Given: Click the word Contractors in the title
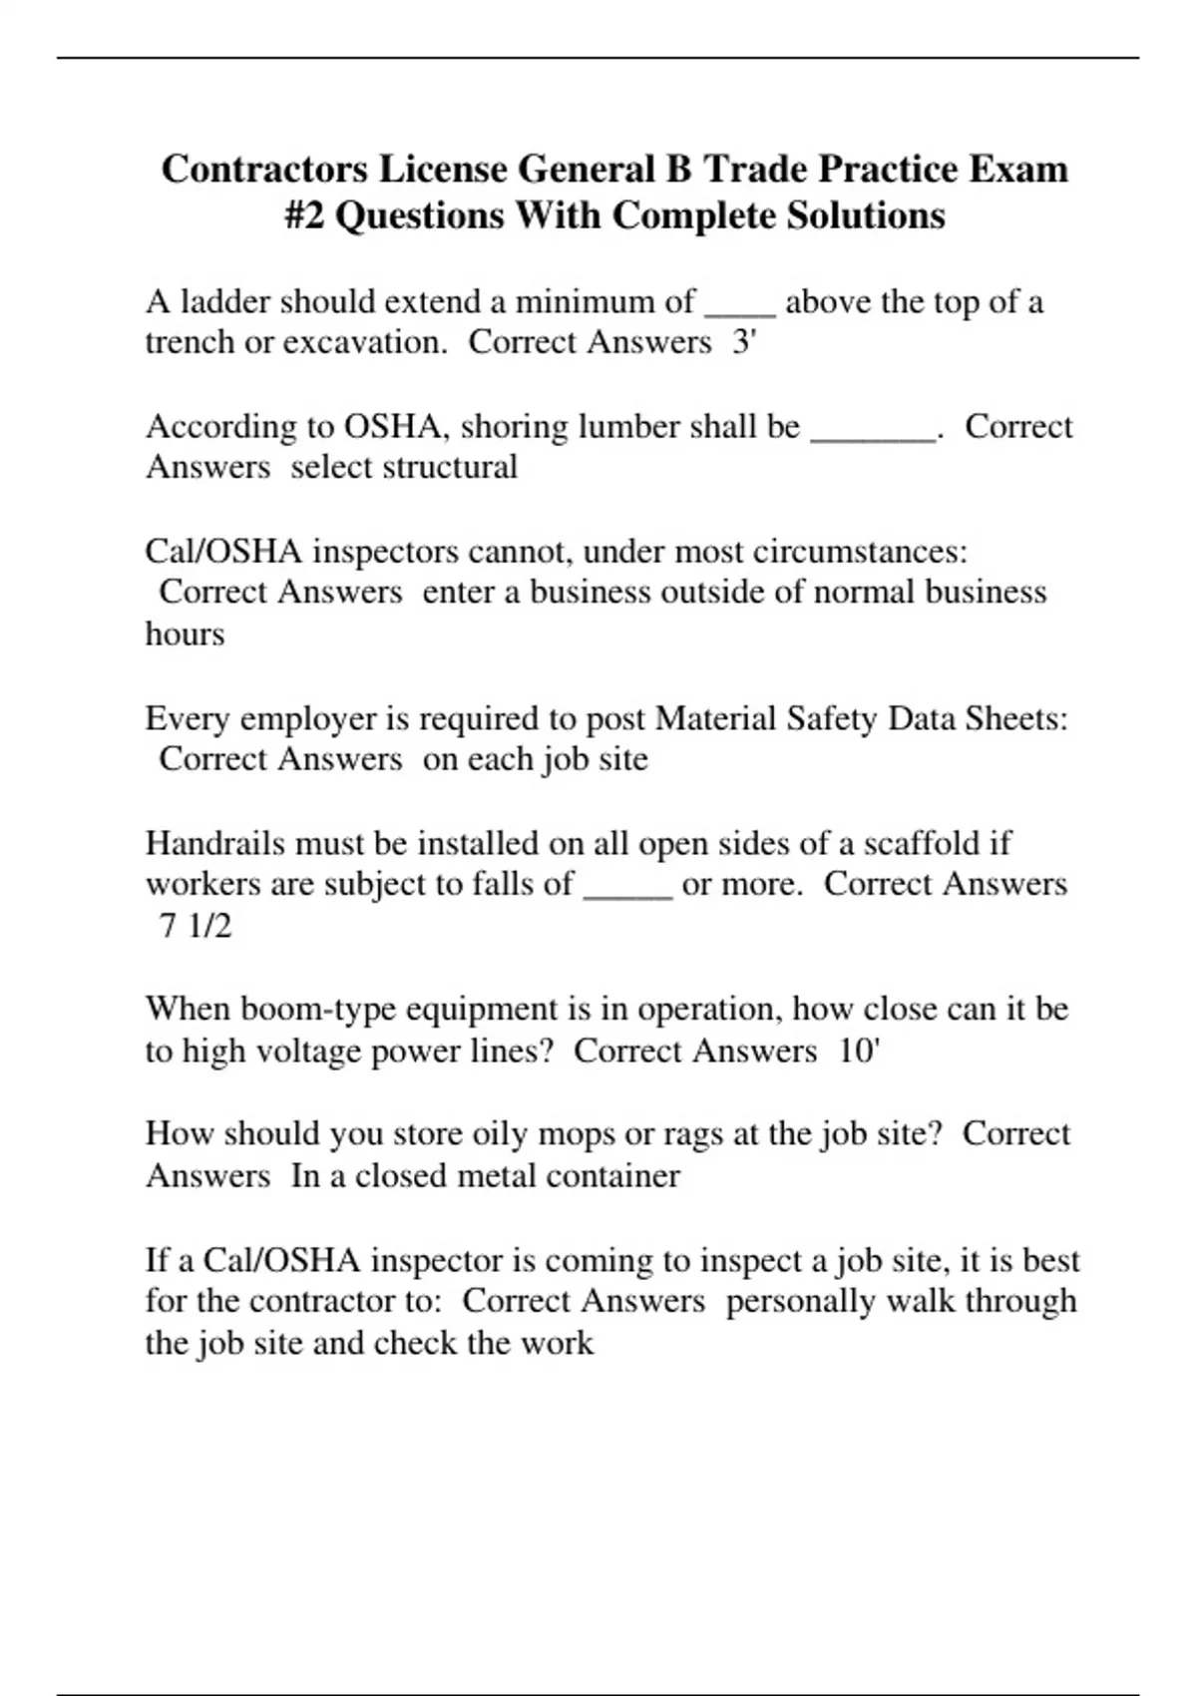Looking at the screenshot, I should (264, 169).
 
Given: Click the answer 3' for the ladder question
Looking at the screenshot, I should (744, 342).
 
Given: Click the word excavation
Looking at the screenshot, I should (364, 342).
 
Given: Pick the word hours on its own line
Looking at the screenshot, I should (185, 634).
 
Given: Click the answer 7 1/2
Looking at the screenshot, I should (196, 926).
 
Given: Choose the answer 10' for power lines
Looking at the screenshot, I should (859, 1051).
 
